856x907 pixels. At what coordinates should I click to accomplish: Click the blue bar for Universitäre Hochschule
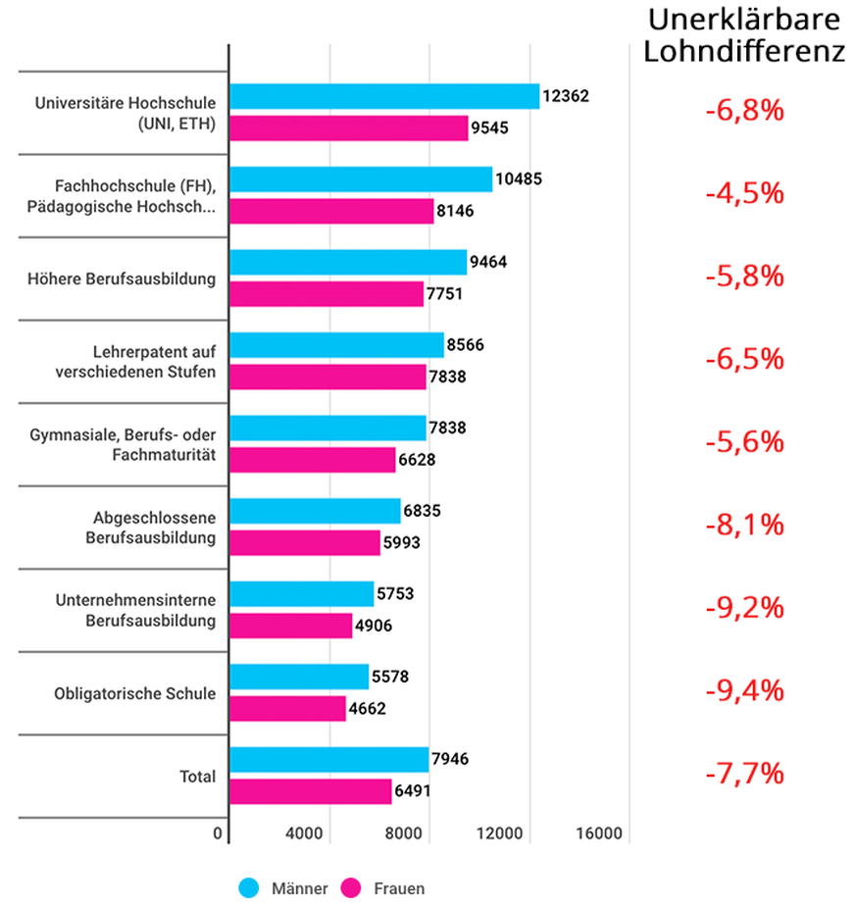[383, 96]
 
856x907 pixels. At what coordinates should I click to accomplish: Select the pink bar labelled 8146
[331, 211]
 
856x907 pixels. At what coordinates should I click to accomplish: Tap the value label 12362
[566, 96]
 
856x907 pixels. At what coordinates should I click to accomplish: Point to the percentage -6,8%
[744, 110]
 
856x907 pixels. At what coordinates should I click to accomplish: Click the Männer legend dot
[250, 888]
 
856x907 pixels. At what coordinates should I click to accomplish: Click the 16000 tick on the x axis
[599, 833]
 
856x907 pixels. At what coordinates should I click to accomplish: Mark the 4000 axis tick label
[305, 833]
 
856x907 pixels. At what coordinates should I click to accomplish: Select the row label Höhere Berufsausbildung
[122, 279]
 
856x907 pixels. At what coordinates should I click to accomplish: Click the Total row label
[197, 777]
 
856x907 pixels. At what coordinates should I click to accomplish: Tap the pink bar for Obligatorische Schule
[287, 708]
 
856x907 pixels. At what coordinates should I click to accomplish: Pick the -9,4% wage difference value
[744, 691]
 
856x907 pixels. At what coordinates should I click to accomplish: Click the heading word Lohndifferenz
[744, 51]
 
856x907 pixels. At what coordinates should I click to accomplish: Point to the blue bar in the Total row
[328, 760]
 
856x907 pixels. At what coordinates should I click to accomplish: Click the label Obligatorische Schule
[134, 694]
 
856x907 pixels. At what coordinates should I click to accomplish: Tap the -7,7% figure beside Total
[744, 774]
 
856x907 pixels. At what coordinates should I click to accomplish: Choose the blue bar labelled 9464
[348, 262]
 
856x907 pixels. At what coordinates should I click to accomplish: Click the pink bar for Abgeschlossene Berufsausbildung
[304, 542]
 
